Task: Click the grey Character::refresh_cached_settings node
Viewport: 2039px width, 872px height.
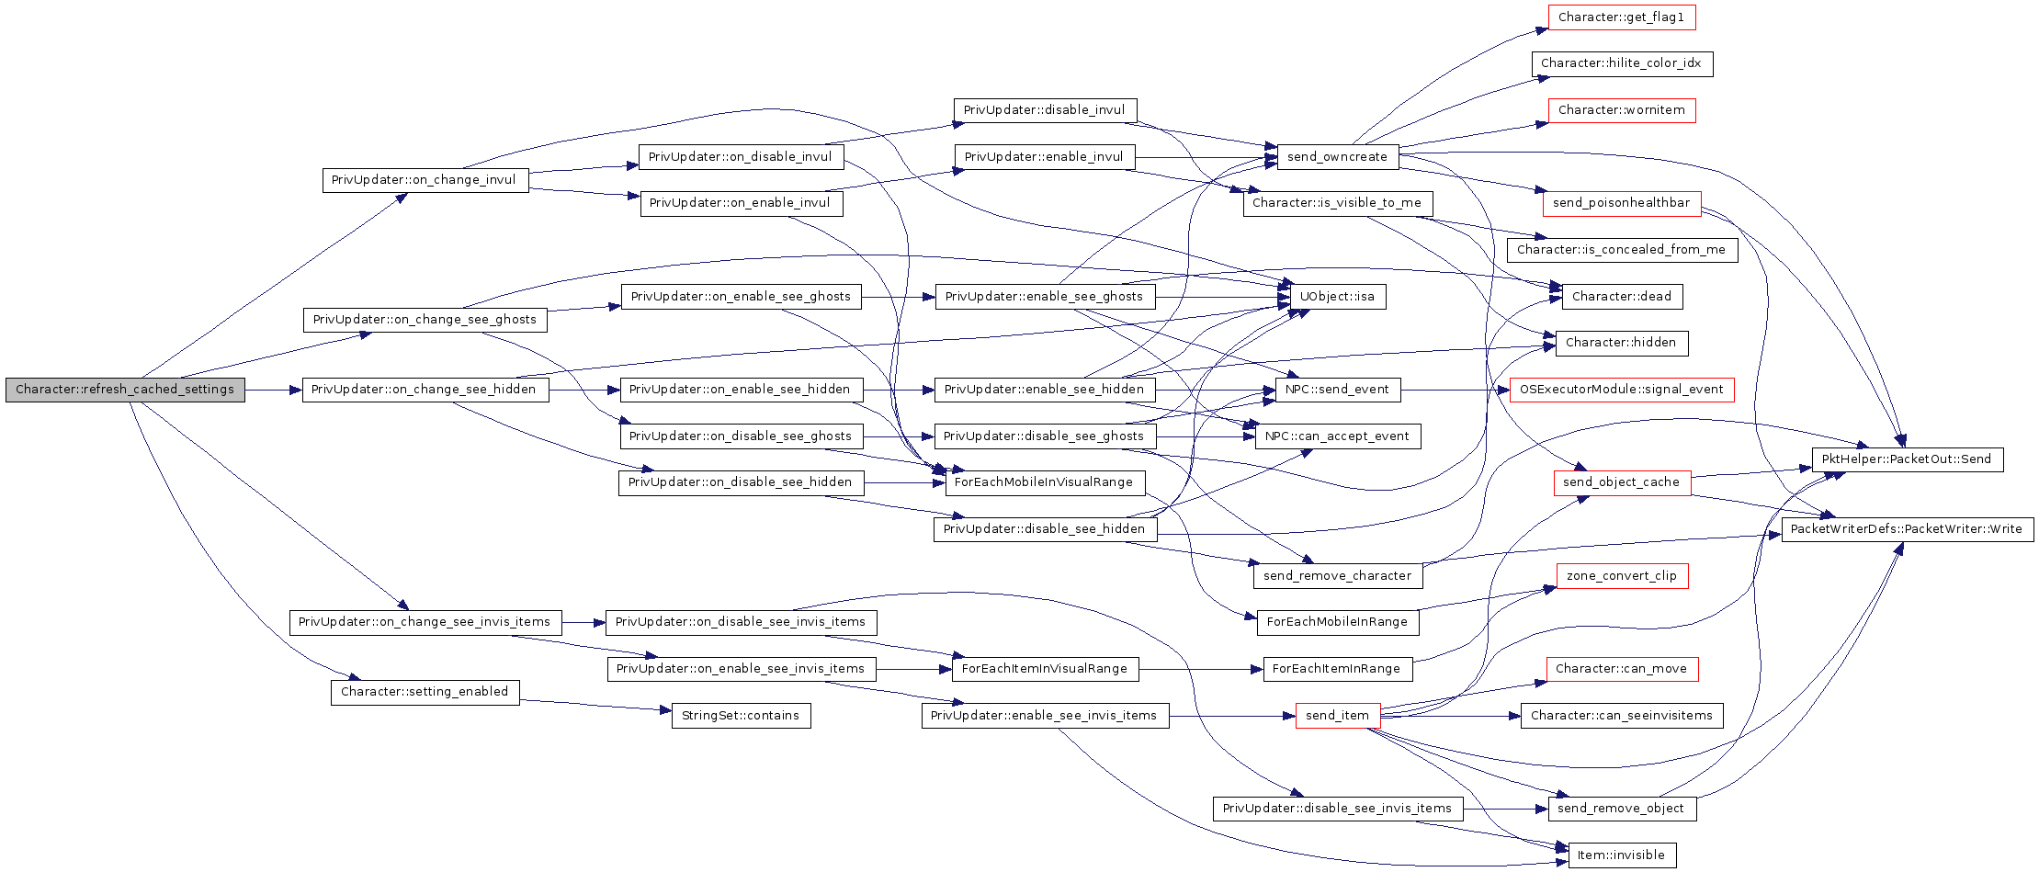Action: (x=125, y=390)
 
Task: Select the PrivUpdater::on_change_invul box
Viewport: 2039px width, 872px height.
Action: (x=425, y=180)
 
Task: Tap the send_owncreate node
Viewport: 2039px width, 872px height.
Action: (x=1337, y=157)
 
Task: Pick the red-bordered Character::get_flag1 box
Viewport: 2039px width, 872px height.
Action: (x=1621, y=17)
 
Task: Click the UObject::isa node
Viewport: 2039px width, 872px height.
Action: (x=1337, y=297)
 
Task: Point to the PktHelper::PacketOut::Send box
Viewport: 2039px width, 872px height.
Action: (x=1907, y=459)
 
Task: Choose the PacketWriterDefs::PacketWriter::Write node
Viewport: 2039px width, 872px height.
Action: (x=1907, y=529)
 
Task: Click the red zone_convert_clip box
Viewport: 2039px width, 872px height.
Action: (x=1622, y=576)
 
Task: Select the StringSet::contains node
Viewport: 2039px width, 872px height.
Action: (x=741, y=716)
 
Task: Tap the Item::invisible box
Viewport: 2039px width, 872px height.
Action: (x=1621, y=855)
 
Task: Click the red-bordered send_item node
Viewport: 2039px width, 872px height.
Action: (x=1337, y=716)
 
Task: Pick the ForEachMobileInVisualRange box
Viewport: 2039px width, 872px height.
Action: (x=1044, y=482)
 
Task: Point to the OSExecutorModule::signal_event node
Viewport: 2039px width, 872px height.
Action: (x=1621, y=390)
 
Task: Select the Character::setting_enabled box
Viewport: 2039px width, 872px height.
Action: (x=425, y=692)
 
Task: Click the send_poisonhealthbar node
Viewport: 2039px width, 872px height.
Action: (x=1621, y=203)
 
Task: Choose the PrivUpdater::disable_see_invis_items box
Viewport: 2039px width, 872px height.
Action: (x=1337, y=809)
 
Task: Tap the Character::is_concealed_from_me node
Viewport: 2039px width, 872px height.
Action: (x=1621, y=250)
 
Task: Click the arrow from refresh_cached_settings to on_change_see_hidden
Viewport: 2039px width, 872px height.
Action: (x=274, y=390)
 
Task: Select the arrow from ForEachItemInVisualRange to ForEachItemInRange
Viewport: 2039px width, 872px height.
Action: (x=1201, y=669)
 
